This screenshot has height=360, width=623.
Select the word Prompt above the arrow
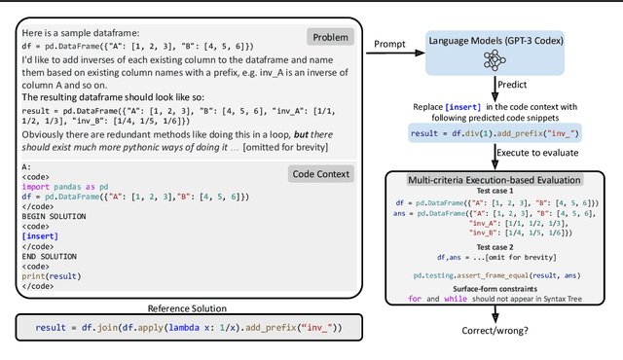click(x=391, y=43)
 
